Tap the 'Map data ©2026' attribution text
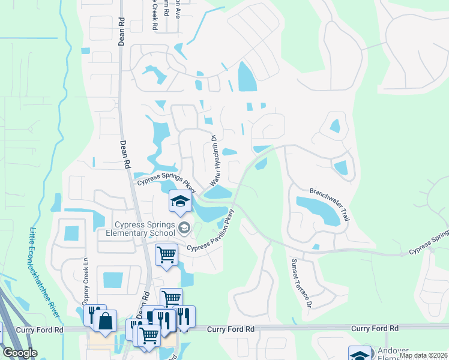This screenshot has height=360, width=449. click(x=423, y=355)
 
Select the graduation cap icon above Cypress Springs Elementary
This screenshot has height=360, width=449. click(x=179, y=202)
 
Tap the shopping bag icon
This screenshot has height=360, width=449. click(x=106, y=320)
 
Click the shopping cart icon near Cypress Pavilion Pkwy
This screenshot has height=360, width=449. click(x=166, y=254)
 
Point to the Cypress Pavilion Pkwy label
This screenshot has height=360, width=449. click(x=209, y=234)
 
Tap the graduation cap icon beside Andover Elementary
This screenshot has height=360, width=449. click(x=359, y=355)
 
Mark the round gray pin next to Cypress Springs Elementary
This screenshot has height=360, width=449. click(x=184, y=227)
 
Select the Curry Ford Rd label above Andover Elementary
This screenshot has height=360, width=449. click(x=375, y=328)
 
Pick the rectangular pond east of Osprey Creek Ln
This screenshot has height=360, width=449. click(x=112, y=280)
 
